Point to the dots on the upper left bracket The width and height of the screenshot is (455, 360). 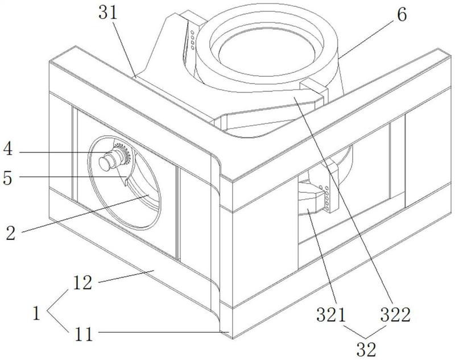[x=194, y=37]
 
